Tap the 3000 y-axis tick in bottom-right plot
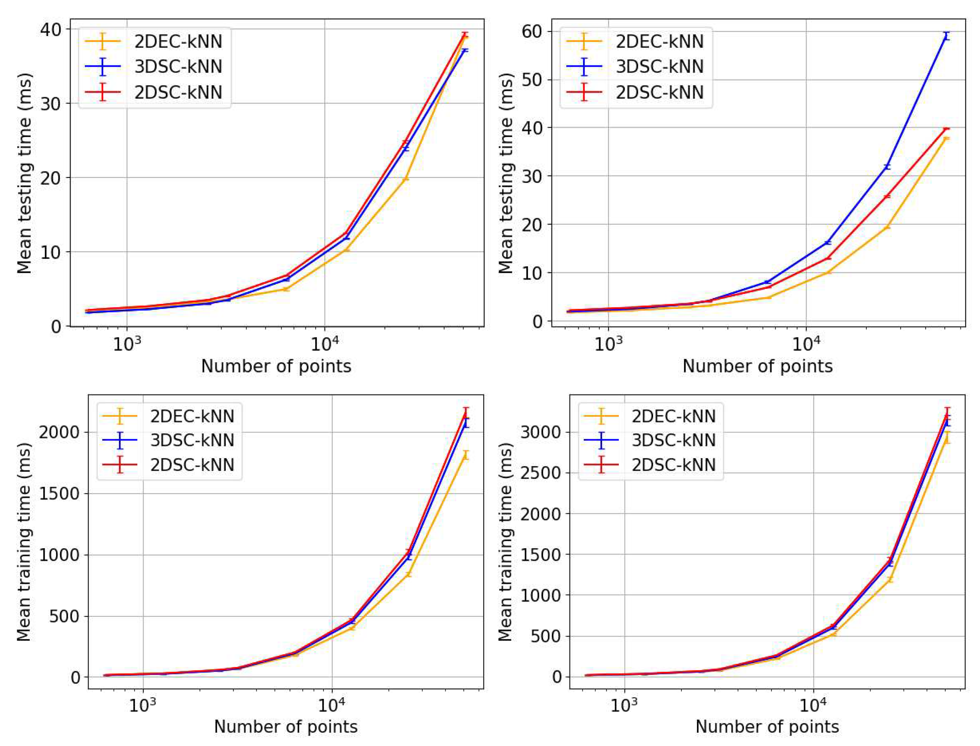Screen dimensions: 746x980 coord(541,432)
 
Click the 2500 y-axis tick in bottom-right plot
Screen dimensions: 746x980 coord(541,473)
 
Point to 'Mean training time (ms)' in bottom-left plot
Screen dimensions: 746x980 coord(24,542)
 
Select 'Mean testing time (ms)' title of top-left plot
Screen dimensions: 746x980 coord(24,173)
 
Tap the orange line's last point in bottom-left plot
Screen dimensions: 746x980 coord(465,455)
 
